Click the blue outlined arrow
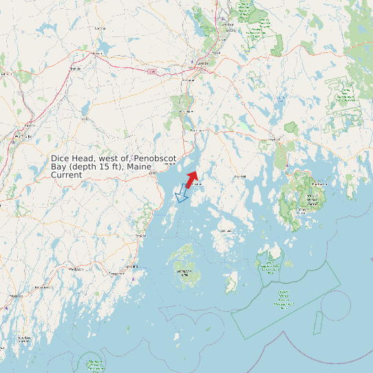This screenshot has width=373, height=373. coord(182,193)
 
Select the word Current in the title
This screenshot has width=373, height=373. coord(67,175)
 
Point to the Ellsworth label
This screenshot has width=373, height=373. coord(275,139)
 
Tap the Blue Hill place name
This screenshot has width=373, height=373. coord(240,176)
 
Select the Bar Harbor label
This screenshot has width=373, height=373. coord(319,184)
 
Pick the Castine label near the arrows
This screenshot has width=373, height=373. coord(198,184)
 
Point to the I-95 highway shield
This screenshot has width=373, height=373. coord(151,70)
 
